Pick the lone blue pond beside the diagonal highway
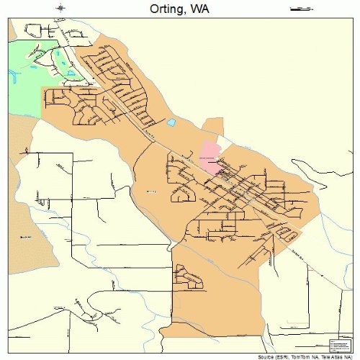click(171, 122)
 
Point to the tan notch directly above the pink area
click(213, 130)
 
